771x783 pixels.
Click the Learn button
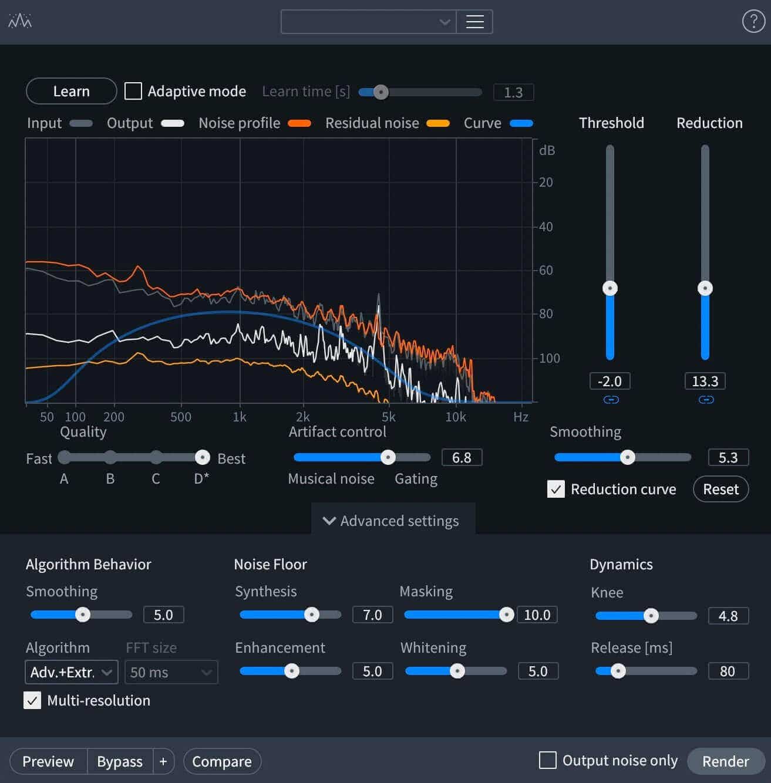pos(71,91)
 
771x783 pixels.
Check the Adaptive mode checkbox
pos(133,91)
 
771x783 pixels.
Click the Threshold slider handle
pos(610,288)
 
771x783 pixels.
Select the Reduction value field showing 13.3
pos(705,381)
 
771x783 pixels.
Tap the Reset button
pos(721,489)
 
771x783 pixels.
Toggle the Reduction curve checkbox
pos(556,489)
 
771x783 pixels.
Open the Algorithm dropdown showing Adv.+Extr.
pos(72,672)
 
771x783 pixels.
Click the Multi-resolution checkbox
pos(32,700)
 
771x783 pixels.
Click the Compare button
pos(222,761)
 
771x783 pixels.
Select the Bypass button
pos(120,761)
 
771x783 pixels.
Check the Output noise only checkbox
pos(548,760)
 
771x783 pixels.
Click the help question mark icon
pos(753,21)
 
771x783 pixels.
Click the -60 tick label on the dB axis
pos(546,270)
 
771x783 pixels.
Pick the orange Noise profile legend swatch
pos(299,123)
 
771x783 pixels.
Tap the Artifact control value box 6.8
pos(462,457)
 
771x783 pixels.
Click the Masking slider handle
pos(507,615)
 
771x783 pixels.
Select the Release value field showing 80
pos(728,671)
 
